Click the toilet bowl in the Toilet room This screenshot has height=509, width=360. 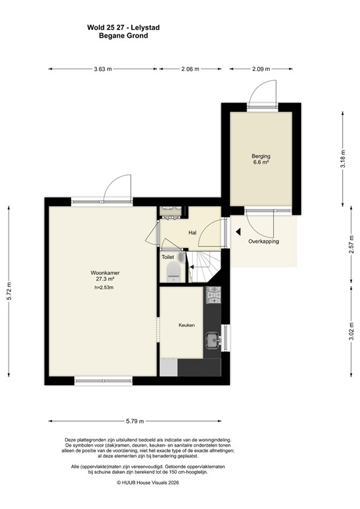(x=173, y=270)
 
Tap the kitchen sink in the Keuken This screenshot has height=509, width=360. (x=212, y=341)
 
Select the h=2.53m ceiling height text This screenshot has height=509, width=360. (x=105, y=288)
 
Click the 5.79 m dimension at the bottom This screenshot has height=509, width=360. (x=135, y=420)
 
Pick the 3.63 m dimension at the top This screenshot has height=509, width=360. (x=103, y=69)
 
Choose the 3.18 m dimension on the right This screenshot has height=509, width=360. (x=343, y=161)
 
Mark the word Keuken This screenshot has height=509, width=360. (x=186, y=325)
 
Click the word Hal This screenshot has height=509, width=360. (x=192, y=233)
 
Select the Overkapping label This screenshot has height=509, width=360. (x=264, y=241)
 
